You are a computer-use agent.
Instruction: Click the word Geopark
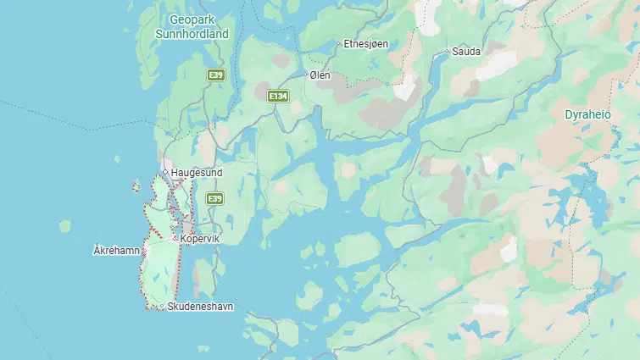tap(192, 19)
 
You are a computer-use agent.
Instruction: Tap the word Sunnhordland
tap(192, 34)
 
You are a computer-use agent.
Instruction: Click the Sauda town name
tap(467, 52)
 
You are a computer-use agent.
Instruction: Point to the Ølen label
tap(320, 75)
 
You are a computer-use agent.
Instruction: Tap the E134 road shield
tap(278, 97)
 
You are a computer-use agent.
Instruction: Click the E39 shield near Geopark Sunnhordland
tap(216, 75)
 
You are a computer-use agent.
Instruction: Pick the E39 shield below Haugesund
tap(214, 198)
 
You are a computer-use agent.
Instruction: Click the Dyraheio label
tap(588, 114)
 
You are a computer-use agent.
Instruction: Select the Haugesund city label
tap(197, 173)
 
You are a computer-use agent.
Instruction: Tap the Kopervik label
tap(201, 240)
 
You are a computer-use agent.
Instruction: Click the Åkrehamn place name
tap(115, 251)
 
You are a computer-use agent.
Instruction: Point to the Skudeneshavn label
tap(200, 306)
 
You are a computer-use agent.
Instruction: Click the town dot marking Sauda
tap(448, 52)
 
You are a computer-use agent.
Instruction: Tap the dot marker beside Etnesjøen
tap(338, 43)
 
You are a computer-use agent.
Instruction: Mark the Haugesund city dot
tap(165, 173)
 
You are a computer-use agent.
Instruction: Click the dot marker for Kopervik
tap(175, 240)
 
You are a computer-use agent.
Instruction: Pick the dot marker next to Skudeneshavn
tap(163, 306)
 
